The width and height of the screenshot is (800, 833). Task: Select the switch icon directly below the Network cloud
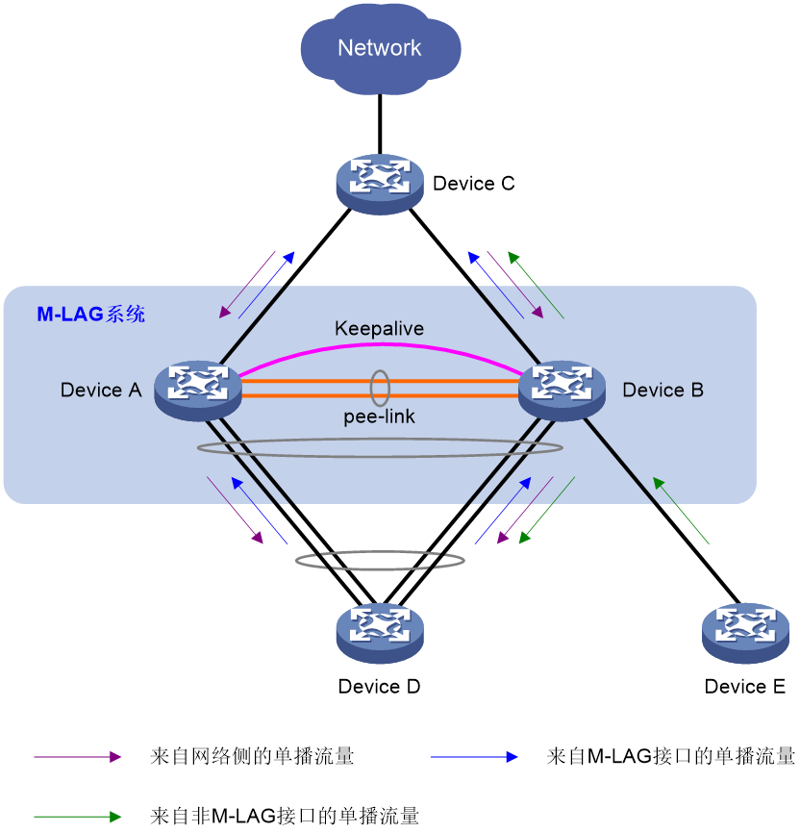(x=380, y=183)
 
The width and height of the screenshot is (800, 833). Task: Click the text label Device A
(x=101, y=391)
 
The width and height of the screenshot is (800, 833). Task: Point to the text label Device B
(x=663, y=391)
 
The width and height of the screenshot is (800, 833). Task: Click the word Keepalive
(x=379, y=329)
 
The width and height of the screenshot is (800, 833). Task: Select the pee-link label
(x=380, y=417)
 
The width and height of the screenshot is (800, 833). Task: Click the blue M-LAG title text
(x=91, y=314)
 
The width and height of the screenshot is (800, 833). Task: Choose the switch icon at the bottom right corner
(x=745, y=632)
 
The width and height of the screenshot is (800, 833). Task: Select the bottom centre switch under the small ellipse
(x=380, y=632)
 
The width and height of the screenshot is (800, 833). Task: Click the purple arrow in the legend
(x=78, y=757)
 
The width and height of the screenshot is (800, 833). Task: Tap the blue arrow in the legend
(x=474, y=757)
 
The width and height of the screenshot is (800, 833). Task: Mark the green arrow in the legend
(x=78, y=817)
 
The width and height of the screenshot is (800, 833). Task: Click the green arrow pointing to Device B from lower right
(x=681, y=510)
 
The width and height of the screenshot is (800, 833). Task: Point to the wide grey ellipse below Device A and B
(x=380, y=448)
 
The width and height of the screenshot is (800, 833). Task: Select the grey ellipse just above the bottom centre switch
(x=380, y=561)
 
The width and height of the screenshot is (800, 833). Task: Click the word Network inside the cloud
(x=380, y=48)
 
